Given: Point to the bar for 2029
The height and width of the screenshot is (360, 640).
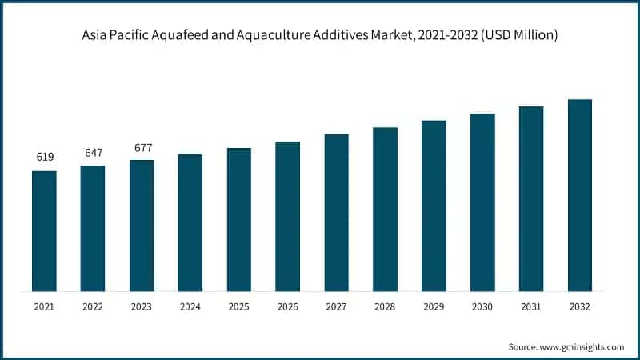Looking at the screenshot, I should [434, 206].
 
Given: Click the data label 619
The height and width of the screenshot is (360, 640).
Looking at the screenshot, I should [45, 158].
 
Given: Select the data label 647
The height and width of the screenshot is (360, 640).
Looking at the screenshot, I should [93, 152].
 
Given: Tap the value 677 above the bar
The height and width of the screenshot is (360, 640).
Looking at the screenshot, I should [142, 147].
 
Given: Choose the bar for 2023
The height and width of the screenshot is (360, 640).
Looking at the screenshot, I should [142, 226].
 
